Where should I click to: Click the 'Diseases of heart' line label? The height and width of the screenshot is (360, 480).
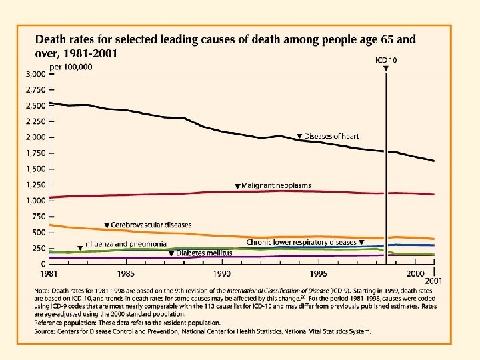pos(331,137)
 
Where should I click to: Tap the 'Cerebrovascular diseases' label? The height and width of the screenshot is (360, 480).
pos(151,225)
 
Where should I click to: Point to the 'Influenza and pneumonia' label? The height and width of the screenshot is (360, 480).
pos(125,245)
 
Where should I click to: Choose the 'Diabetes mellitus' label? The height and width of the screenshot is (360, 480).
pos(204,253)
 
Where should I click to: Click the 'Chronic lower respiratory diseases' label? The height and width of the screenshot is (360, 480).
pos(301,243)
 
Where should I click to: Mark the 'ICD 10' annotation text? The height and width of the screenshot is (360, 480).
pos(387,61)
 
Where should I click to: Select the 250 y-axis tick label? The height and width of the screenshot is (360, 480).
pos(40,249)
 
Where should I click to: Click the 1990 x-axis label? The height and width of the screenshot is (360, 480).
pos(222,274)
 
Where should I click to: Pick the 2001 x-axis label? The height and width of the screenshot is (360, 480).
pos(434,281)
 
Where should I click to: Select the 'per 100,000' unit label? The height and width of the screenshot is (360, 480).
pos(75,68)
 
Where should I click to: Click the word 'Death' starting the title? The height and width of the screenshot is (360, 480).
pos(51,39)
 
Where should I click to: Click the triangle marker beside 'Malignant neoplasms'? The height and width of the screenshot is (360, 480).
pos(237,186)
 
